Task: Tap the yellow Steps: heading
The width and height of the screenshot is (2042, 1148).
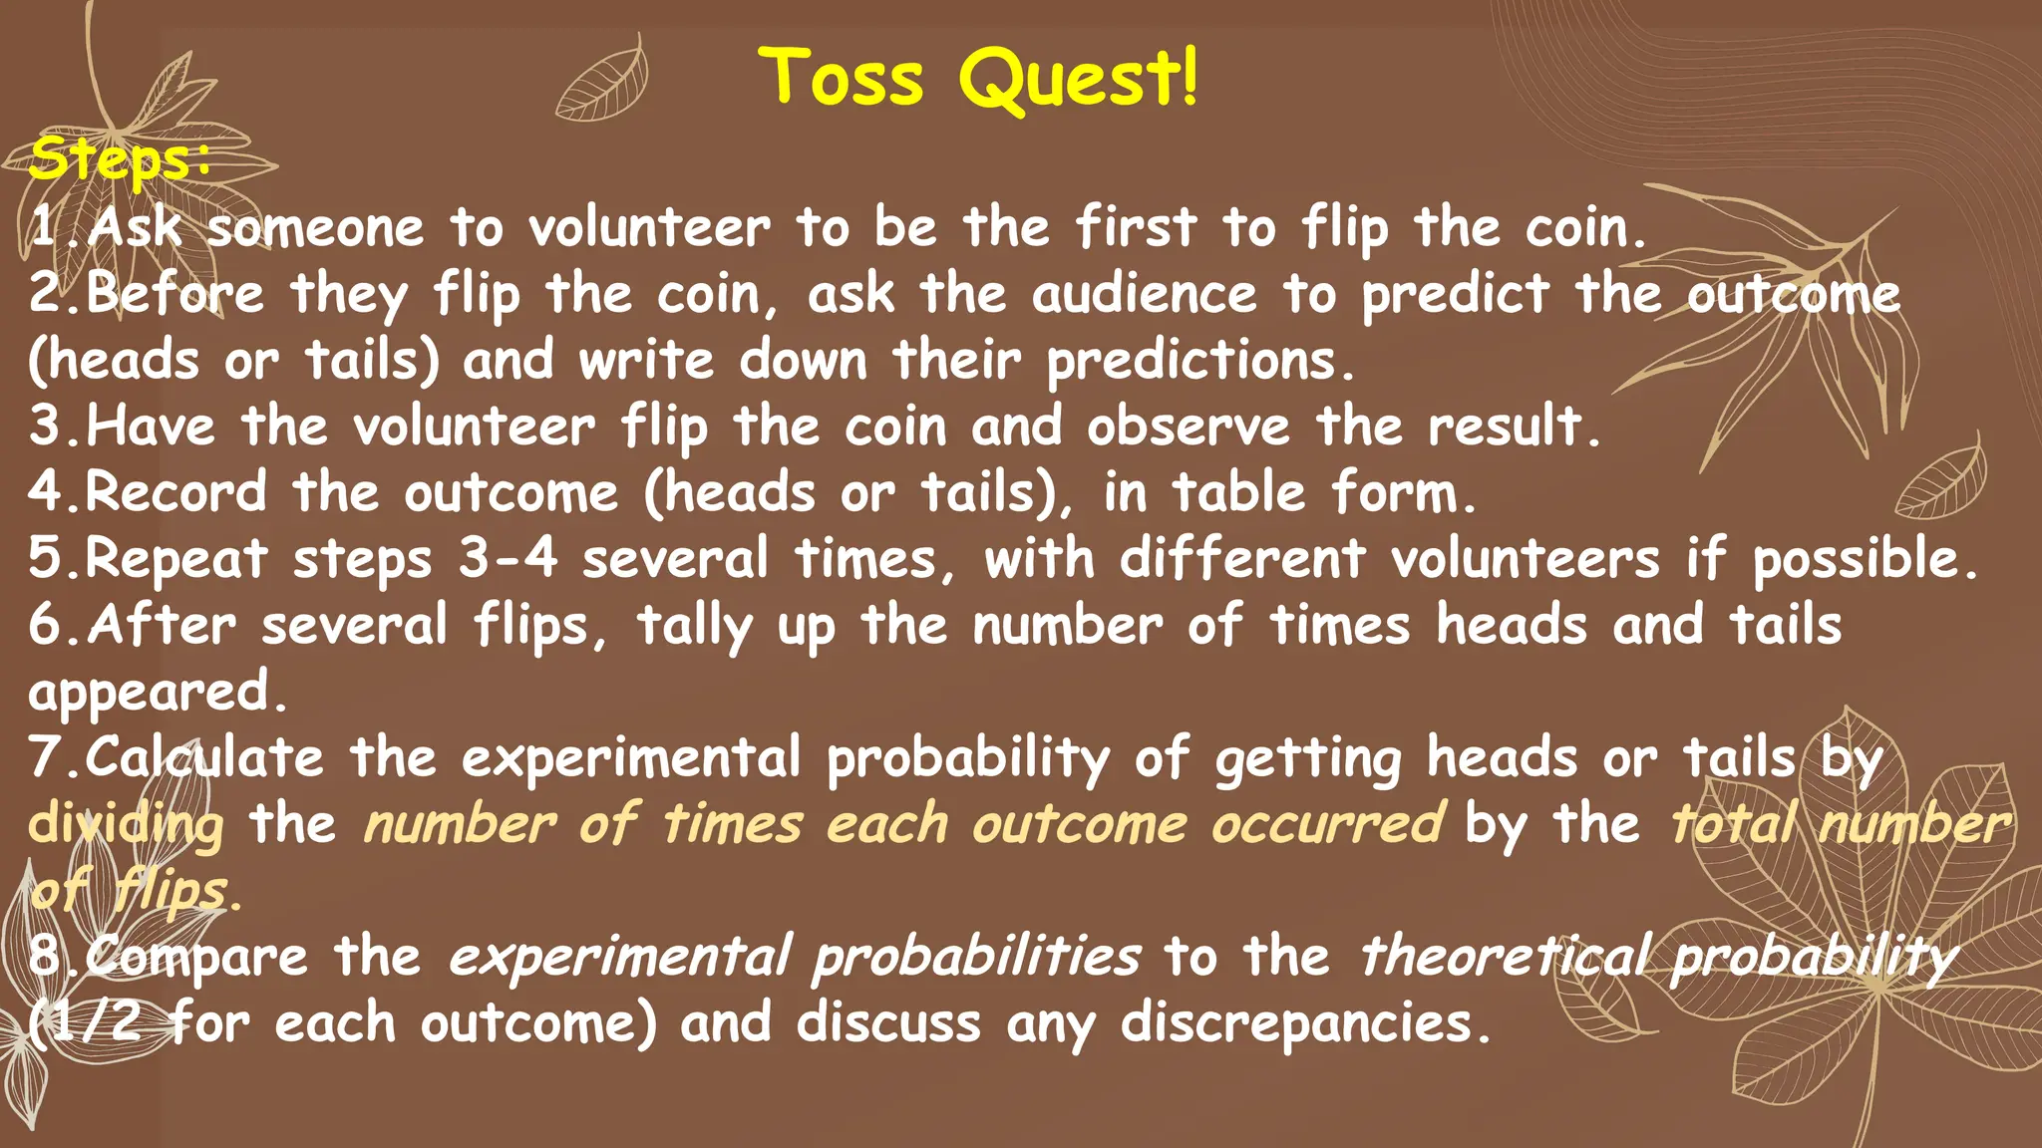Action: (120, 160)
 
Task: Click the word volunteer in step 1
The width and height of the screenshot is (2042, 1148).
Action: (649, 228)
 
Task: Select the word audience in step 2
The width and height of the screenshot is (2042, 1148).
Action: (1145, 295)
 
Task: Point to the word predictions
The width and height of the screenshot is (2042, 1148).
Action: (1199, 362)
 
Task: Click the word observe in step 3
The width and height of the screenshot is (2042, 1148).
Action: (1189, 428)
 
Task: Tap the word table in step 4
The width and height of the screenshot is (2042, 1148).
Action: (1237, 493)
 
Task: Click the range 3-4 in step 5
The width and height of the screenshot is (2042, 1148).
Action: (508, 559)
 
